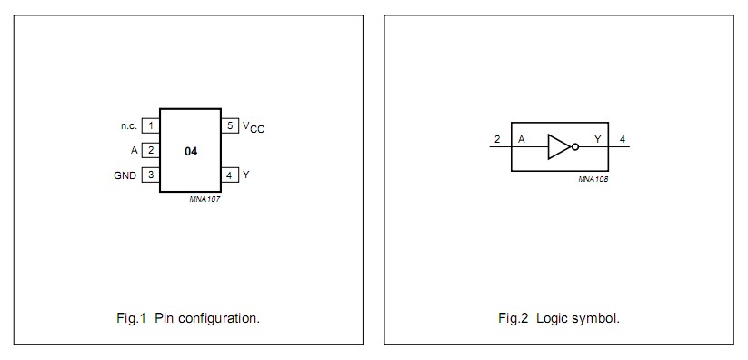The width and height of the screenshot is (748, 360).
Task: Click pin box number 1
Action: tap(151, 125)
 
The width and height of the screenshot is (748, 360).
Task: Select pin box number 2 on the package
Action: tap(151, 150)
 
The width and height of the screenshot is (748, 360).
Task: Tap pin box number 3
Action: tap(151, 175)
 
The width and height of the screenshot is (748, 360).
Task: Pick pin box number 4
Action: tap(230, 175)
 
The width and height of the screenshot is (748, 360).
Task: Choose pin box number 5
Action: tap(230, 125)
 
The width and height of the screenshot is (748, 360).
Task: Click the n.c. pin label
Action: tap(128, 125)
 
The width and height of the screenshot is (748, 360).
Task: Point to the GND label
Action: tap(125, 175)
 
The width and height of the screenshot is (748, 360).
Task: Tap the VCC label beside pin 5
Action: tap(254, 127)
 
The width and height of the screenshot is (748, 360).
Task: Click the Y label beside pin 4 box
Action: tap(245, 175)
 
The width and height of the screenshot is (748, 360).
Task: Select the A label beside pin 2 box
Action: tap(134, 150)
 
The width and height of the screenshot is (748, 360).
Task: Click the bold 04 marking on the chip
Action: tap(191, 150)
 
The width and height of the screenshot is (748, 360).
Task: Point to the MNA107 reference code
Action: tap(204, 199)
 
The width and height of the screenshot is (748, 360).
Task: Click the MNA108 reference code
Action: tap(593, 179)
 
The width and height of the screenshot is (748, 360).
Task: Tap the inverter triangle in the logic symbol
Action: tap(558, 146)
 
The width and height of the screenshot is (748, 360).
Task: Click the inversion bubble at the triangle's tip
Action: tap(574, 146)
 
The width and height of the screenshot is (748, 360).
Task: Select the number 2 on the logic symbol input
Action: tap(497, 139)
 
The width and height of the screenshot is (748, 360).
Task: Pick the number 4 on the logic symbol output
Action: tap(623, 139)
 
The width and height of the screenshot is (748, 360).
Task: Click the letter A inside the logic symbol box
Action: tap(522, 139)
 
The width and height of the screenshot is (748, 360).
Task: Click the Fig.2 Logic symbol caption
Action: tap(559, 318)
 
